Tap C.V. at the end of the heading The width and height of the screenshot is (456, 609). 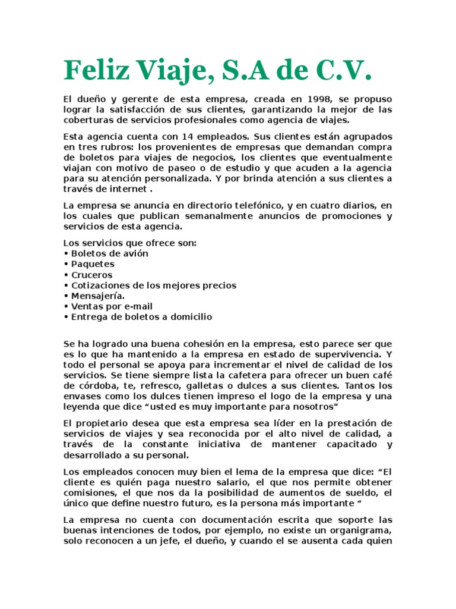point(340,72)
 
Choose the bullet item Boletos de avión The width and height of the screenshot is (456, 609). point(110,253)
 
